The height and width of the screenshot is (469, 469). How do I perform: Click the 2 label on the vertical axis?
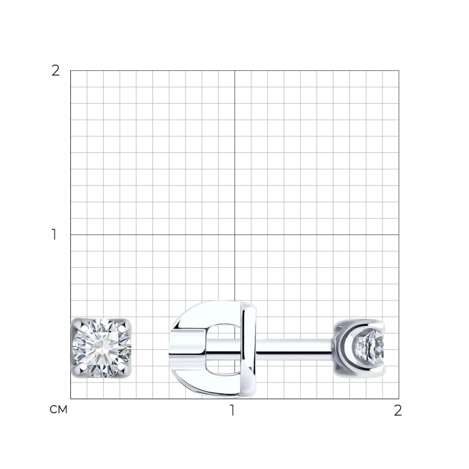[56, 71]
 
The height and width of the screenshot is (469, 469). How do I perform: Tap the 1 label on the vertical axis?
[54, 234]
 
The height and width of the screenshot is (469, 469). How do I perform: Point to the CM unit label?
[59, 409]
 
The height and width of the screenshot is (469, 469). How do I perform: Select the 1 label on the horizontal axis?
[232, 410]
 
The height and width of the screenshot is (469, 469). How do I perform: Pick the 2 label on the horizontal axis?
[398, 411]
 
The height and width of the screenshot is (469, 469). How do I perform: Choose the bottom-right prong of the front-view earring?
[121, 366]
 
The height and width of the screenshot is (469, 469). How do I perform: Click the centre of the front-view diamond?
[102, 347]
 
